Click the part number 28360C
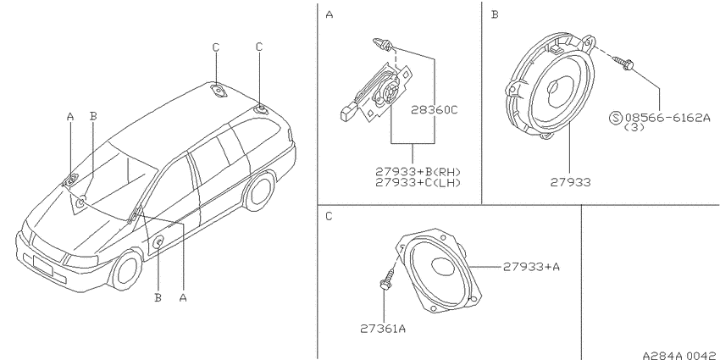[435, 110]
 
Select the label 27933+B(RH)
[418, 172]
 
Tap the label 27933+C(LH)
[418, 182]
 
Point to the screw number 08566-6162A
[667, 118]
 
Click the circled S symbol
[615, 118]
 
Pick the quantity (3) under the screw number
[634, 127]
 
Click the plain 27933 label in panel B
[571, 182]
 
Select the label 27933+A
[531, 266]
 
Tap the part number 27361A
[383, 329]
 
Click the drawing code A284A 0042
[680, 356]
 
